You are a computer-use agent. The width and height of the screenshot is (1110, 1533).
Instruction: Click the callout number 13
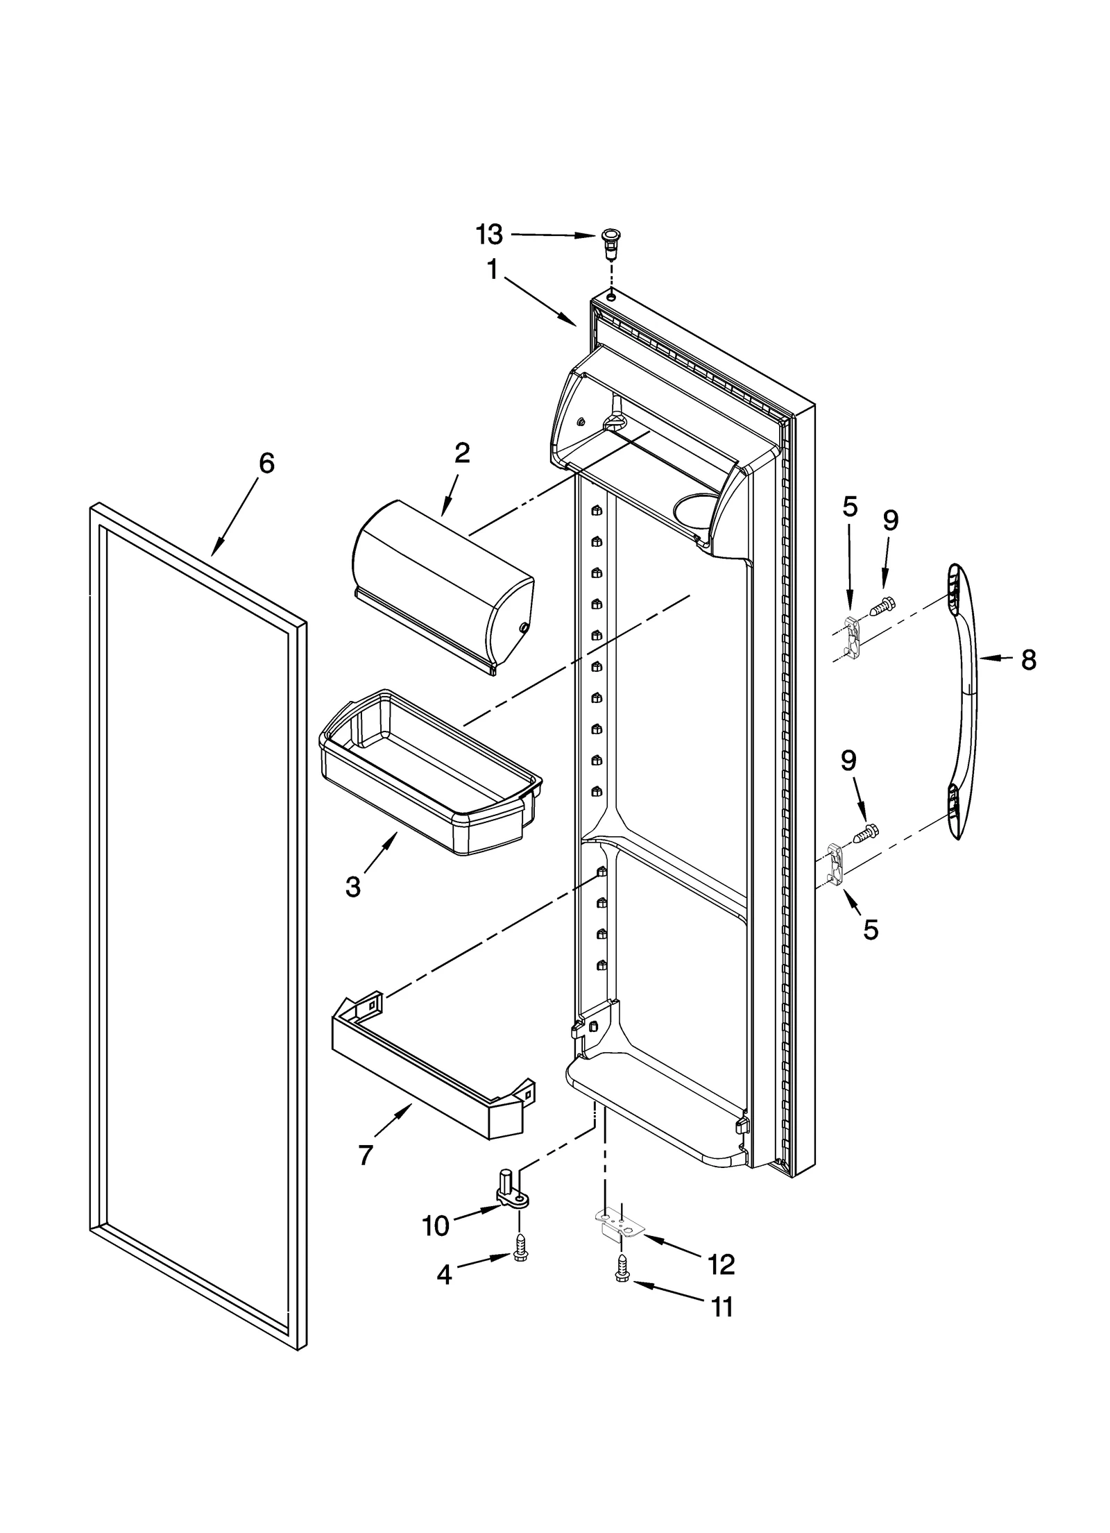coord(489,235)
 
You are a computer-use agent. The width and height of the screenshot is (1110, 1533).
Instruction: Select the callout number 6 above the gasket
coord(266,463)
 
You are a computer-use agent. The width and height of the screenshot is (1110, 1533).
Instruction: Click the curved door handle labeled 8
coord(964,701)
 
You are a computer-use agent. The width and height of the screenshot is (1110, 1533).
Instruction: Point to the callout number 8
coord(1028,660)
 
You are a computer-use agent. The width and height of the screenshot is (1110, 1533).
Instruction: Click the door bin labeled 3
coord(430,771)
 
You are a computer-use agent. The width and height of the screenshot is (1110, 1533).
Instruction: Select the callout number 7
coord(366,1155)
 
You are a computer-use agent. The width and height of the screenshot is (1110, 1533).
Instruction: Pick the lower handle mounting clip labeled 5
coord(837,865)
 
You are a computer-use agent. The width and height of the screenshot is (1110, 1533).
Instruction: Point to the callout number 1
coord(492,269)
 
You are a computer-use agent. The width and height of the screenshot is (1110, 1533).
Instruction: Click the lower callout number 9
coord(848,761)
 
